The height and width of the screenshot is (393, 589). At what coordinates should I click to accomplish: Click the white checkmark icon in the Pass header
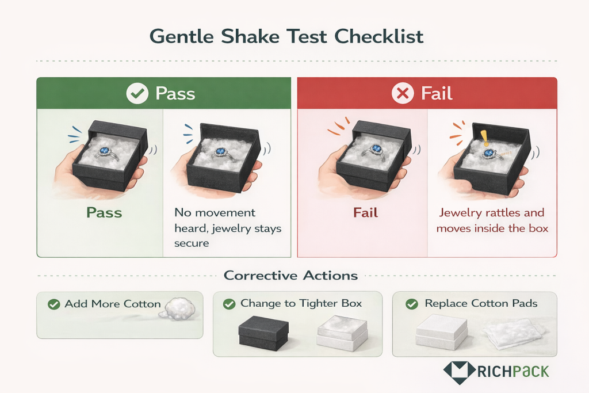click(x=137, y=94)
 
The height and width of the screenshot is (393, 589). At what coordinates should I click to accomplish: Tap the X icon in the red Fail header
click(x=402, y=94)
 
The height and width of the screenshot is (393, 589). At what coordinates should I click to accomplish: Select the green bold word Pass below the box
click(x=104, y=212)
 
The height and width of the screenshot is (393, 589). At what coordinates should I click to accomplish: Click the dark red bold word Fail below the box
click(x=366, y=212)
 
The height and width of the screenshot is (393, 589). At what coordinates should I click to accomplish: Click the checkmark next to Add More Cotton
click(x=54, y=304)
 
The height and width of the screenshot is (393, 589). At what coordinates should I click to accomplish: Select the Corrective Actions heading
click(x=290, y=275)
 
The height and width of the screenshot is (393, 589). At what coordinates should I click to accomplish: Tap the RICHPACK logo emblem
click(x=458, y=371)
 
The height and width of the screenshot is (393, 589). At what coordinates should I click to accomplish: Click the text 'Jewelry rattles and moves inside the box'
click(x=492, y=220)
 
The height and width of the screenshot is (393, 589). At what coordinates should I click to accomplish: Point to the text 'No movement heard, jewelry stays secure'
click(x=228, y=228)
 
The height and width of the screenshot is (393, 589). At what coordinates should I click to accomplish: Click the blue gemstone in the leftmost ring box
click(x=105, y=151)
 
